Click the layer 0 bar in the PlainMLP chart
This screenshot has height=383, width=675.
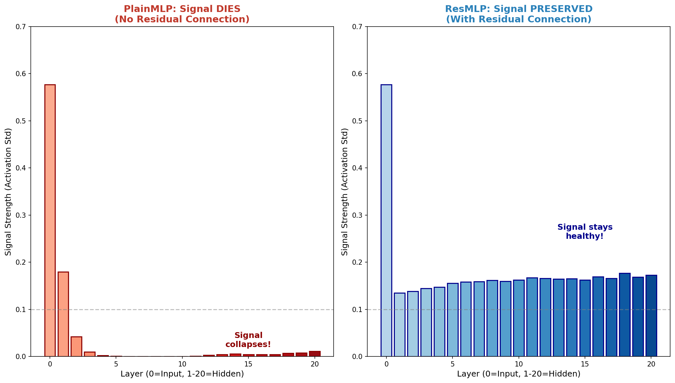[x=50, y=220]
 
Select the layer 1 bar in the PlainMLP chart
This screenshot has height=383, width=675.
[x=63, y=314]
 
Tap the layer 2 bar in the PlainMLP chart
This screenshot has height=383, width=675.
[x=76, y=346]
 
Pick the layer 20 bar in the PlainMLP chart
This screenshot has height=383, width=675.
[x=315, y=354]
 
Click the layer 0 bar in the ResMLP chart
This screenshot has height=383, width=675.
[x=386, y=220]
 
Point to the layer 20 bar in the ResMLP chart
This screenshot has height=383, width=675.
[x=651, y=316]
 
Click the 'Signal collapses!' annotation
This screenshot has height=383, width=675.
[x=248, y=340]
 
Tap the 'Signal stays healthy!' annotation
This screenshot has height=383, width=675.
[x=585, y=232]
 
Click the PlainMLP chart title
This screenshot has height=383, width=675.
[x=182, y=14]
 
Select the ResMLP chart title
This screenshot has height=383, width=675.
[x=519, y=14]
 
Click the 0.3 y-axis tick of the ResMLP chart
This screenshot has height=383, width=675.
[x=359, y=215]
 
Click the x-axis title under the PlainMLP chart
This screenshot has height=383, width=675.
[x=182, y=374]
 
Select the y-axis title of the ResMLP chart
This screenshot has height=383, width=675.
[x=345, y=191]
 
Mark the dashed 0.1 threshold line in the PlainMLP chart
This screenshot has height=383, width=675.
[x=194, y=309]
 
